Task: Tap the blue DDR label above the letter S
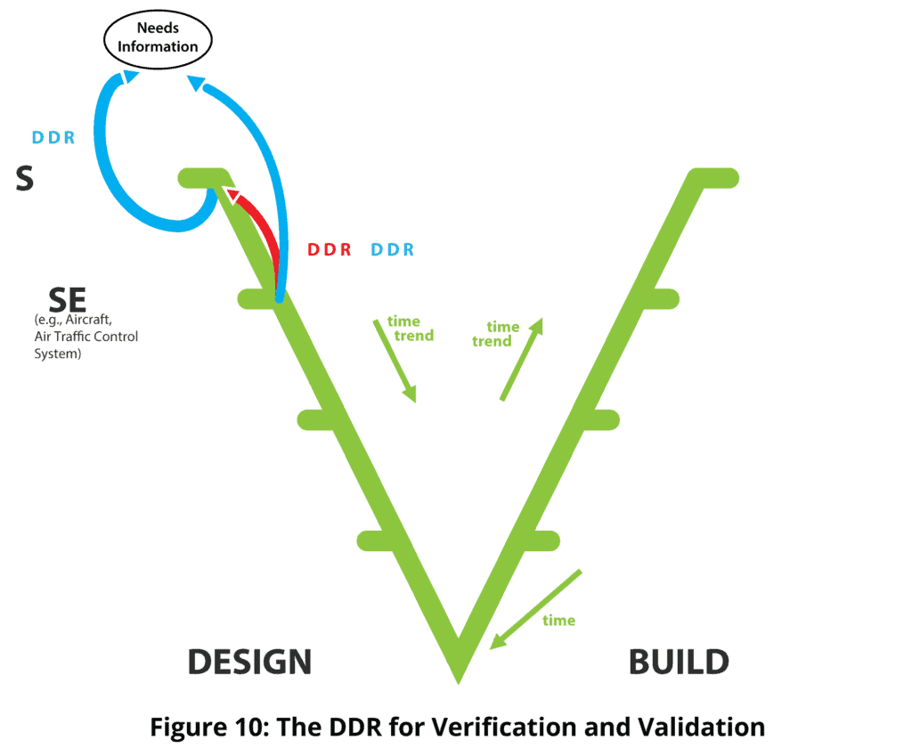[x=53, y=138]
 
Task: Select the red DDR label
[x=330, y=250]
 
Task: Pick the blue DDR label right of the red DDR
[x=392, y=250]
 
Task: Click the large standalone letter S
[x=25, y=179]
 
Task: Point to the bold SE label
[x=67, y=299]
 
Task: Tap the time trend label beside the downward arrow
[x=412, y=329]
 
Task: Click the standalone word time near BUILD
[x=558, y=620]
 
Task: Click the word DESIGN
[x=249, y=663]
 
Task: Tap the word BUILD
[x=679, y=663]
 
